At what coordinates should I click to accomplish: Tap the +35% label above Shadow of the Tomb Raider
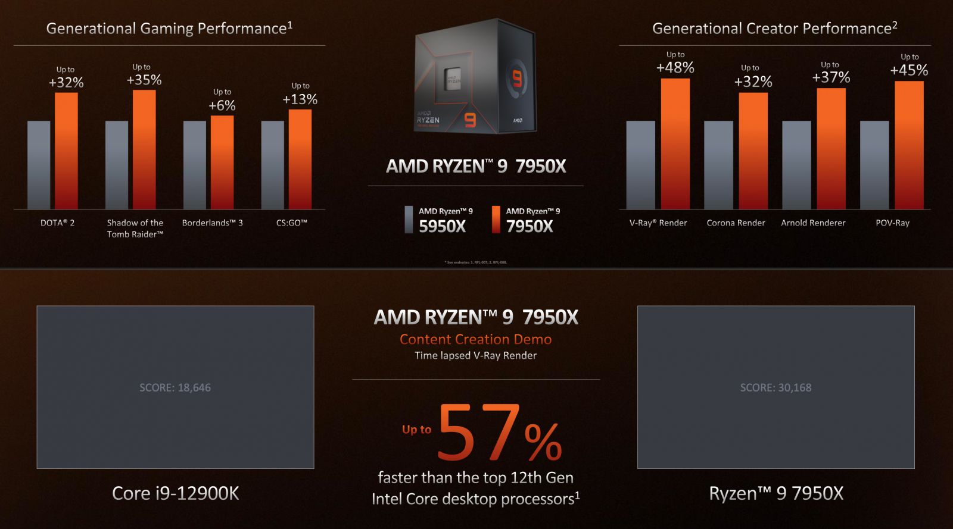144,80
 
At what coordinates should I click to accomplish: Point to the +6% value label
222,105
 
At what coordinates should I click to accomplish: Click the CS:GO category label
292,223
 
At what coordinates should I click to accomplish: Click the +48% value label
675,67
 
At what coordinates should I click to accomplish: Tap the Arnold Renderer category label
813,223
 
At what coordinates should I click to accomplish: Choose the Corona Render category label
736,223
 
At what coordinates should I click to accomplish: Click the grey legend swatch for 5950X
409,219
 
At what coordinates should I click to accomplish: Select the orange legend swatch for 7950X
496,219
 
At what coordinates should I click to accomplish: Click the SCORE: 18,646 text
175,387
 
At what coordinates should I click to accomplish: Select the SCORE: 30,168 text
776,387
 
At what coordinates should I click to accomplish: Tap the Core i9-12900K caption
176,493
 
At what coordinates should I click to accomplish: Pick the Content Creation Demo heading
475,339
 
